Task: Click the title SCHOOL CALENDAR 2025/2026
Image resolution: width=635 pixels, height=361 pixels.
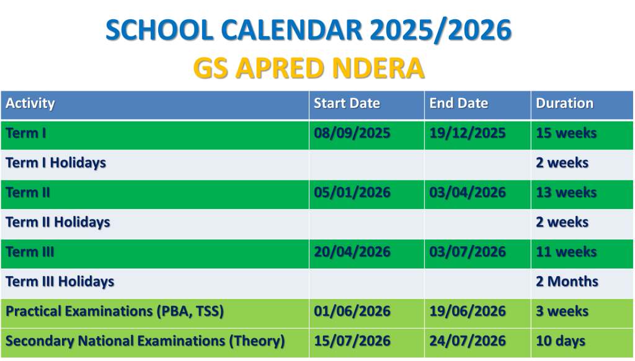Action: (309, 30)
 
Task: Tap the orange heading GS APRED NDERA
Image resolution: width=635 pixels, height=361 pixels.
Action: (309, 68)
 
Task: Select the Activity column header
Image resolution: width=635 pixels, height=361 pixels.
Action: (30, 104)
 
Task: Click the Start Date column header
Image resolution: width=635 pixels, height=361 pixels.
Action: (347, 104)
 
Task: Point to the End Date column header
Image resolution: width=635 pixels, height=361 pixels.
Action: (459, 104)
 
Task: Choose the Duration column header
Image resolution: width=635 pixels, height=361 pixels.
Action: (565, 104)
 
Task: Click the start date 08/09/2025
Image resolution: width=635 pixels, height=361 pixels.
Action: (352, 133)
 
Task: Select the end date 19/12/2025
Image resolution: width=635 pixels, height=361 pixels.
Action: (468, 133)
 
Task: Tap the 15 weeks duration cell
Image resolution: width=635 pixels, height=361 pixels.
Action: (567, 133)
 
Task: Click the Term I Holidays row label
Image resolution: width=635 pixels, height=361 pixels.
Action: (56, 163)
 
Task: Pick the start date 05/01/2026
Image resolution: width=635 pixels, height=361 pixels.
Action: (352, 192)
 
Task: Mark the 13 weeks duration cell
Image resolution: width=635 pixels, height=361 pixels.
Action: (567, 192)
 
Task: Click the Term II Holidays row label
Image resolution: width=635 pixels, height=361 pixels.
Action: (58, 223)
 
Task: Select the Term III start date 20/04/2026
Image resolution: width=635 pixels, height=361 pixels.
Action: (352, 252)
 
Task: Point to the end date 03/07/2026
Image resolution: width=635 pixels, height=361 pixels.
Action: (468, 252)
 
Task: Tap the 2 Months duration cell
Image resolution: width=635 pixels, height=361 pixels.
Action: (567, 282)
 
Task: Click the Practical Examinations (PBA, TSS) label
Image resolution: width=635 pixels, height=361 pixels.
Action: (115, 311)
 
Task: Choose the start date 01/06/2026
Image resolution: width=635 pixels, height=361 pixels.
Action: (352, 311)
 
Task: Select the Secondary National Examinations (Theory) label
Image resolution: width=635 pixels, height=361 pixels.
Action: (145, 341)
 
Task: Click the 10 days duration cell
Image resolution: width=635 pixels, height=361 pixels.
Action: (561, 341)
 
